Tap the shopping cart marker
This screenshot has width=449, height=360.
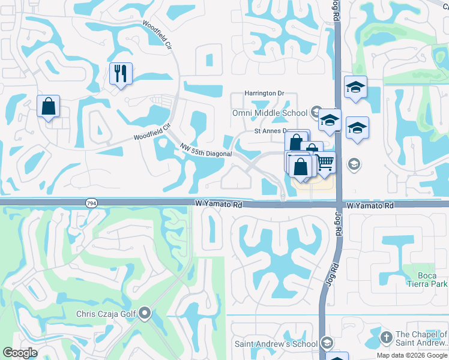pos(325,162)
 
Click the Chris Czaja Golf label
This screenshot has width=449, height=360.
pos(106,313)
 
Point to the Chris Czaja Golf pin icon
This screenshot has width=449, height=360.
pos(145,313)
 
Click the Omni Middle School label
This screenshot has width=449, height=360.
pos(270,113)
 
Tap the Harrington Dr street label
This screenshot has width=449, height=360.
pos(264,94)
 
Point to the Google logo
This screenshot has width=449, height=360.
pos(20,353)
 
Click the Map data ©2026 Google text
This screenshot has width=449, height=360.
pos(412,355)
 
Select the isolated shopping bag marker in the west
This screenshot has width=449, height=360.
pos(48,106)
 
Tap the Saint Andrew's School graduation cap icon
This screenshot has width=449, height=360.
pos(327,343)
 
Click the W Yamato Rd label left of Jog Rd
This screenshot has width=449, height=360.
pos(218,205)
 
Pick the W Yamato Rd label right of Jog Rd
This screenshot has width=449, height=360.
pos(370,205)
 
